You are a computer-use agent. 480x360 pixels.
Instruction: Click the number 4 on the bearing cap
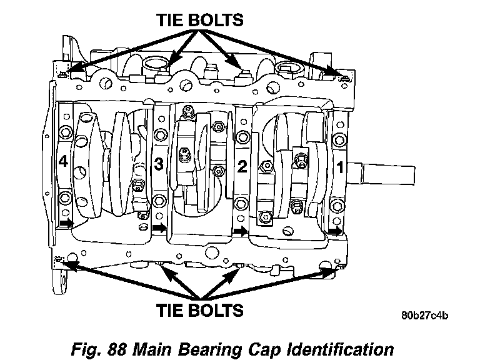(62, 162)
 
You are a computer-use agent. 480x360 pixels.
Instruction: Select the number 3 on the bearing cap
(158, 165)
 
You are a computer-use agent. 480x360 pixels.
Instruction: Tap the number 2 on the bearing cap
(242, 167)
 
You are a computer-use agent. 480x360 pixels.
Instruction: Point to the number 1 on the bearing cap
(341, 167)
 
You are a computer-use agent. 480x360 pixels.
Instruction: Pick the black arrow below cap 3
(159, 228)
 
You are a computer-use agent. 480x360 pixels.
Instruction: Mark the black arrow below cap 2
(241, 230)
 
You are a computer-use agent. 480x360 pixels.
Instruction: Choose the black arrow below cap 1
(336, 231)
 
